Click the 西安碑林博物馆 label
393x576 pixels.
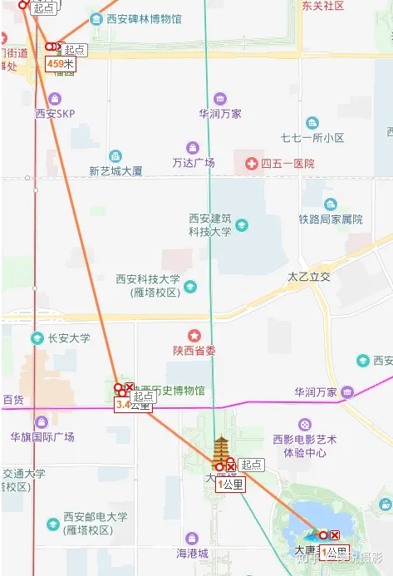[144, 18]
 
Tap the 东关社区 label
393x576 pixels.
[322, 6]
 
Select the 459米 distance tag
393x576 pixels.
[61, 63]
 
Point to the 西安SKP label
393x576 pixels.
[55, 114]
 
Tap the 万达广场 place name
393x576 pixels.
[194, 162]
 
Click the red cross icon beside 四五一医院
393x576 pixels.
[251, 164]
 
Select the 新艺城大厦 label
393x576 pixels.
[115, 171]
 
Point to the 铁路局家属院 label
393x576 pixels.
[331, 219]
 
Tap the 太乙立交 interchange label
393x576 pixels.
[309, 276]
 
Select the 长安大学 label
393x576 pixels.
[68, 338]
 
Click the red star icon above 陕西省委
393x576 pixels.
[194, 336]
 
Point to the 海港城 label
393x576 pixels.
[192, 554]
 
